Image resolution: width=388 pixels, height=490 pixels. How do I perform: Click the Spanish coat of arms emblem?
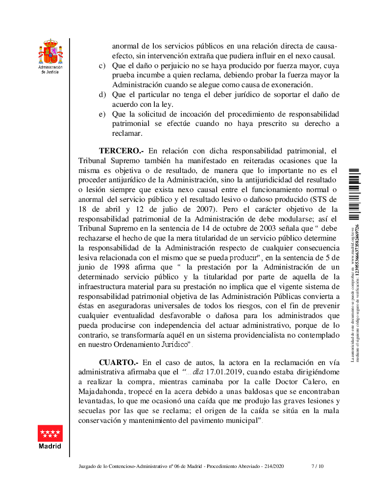pos(50,51)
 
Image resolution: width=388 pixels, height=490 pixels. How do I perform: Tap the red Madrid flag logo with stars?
pos(50,433)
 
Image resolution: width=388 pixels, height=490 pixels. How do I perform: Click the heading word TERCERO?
pos(120,150)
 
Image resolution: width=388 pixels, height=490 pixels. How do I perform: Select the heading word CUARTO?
pos(119,363)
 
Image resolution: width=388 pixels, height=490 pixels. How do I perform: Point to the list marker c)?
pos(102,66)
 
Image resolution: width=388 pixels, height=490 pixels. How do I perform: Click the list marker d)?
pos(102,95)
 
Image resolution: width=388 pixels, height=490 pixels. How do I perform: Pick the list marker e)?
pos(102,114)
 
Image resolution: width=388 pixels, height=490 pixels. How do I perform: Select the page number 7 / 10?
pos(318,466)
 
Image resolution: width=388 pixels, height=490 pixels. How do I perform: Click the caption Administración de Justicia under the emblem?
pos(50,70)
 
